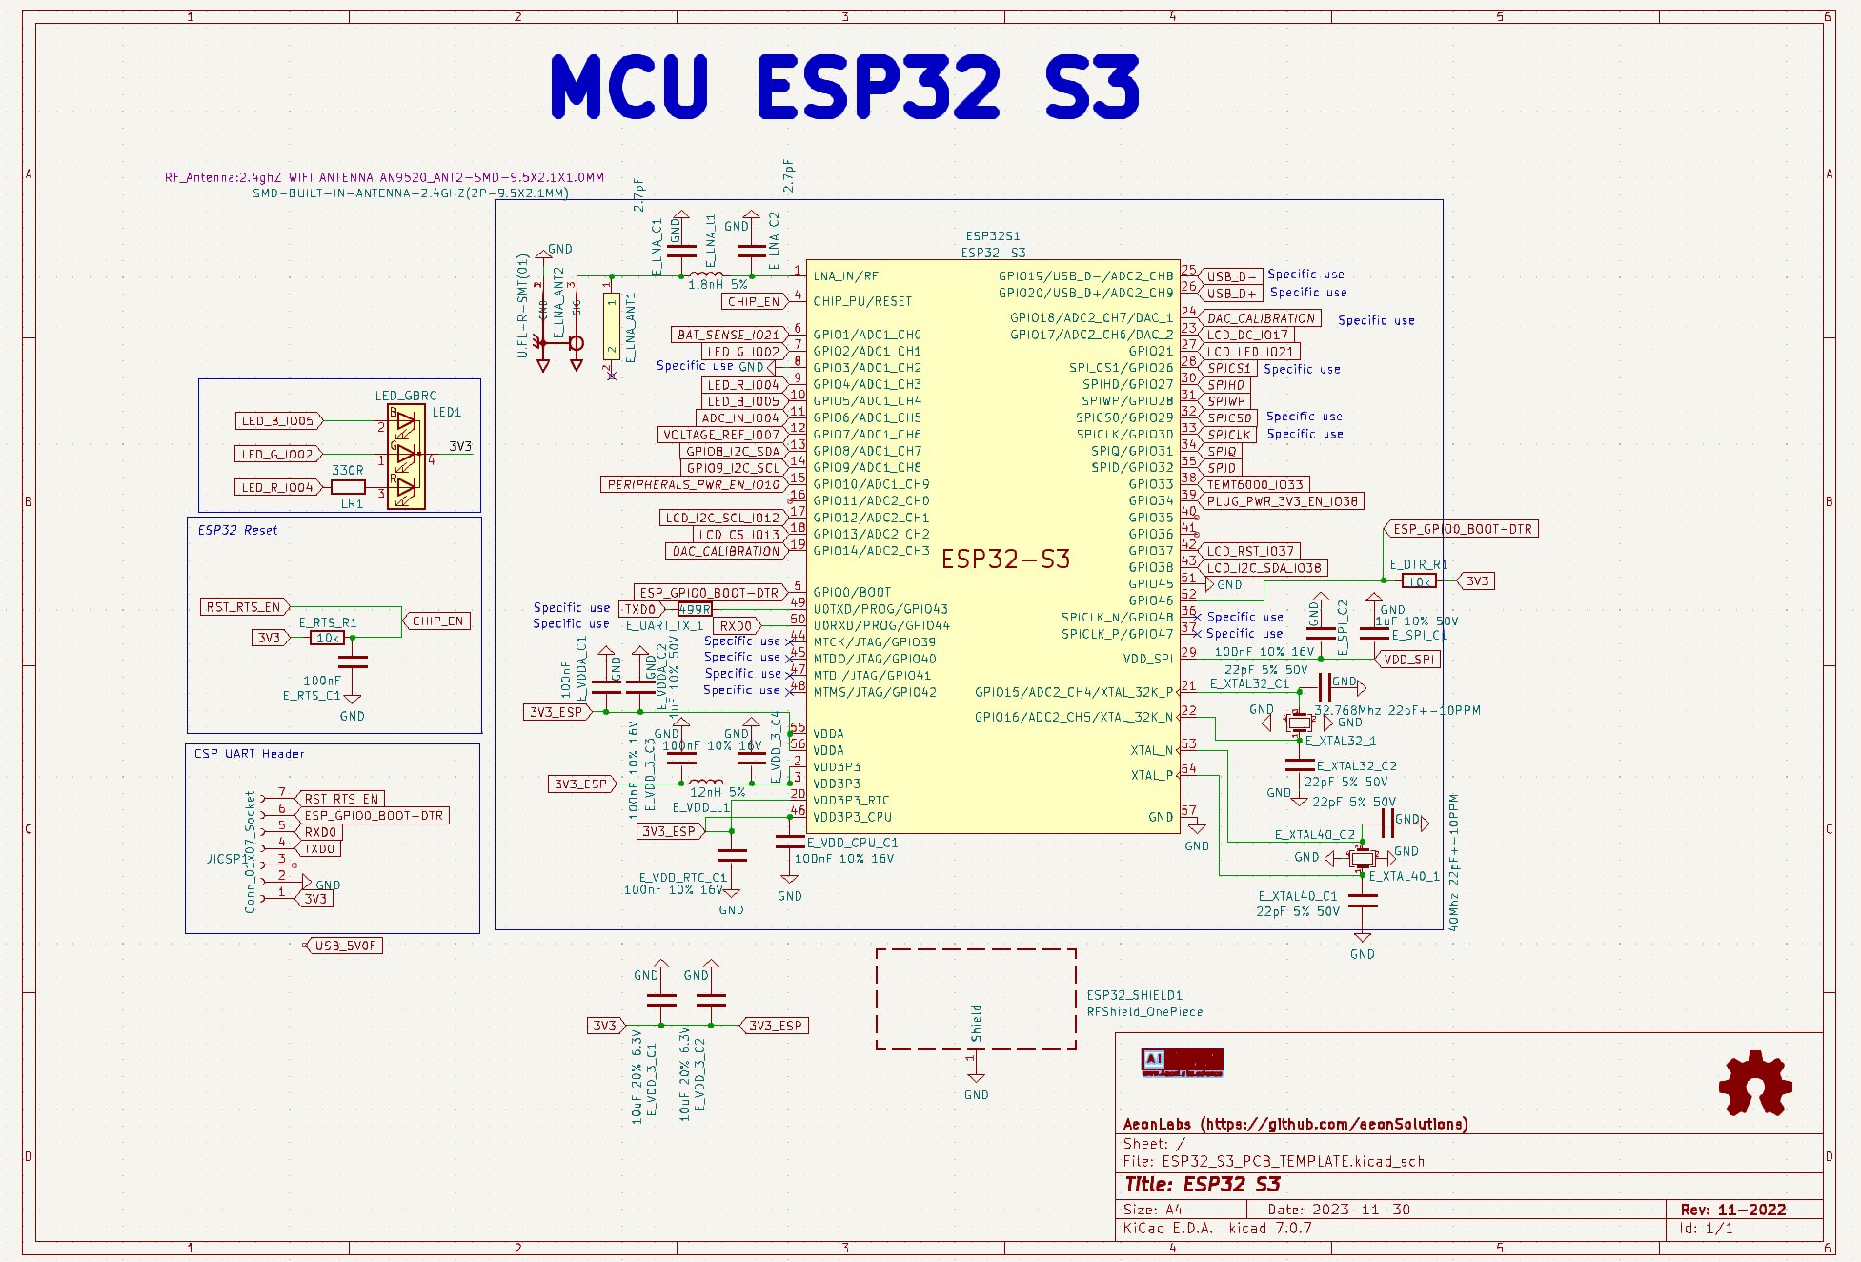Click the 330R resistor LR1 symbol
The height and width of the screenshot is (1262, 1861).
[348, 487]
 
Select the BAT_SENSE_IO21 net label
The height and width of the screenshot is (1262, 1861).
[728, 335]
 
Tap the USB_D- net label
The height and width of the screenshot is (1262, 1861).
[1230, 276]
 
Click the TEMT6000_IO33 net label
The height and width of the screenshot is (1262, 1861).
[1253, 484]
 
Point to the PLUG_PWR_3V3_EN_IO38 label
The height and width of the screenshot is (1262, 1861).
[1282, 501]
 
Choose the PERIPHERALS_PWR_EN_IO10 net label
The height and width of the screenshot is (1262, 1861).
[694, 485]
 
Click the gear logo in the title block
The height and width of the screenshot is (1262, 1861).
[1754, 1084]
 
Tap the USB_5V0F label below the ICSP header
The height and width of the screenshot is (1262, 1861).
[345, 946]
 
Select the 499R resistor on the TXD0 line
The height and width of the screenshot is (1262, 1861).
[694, 609]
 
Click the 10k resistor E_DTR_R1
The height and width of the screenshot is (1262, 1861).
[1419, 581]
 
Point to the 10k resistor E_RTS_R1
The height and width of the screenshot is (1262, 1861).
[328, 638]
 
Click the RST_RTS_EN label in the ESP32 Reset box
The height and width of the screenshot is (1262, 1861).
[244, 607]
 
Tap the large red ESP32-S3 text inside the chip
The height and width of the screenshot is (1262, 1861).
[1005, 559]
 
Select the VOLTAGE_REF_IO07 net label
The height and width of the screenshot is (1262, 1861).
[721, 435]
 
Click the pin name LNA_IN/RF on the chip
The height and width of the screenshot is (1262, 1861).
[845, 276]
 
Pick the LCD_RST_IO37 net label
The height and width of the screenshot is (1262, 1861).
[1249, 551]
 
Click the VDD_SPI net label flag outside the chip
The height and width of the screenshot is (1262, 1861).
[1409, 660]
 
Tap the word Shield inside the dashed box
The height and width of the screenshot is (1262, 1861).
[976, 1023]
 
